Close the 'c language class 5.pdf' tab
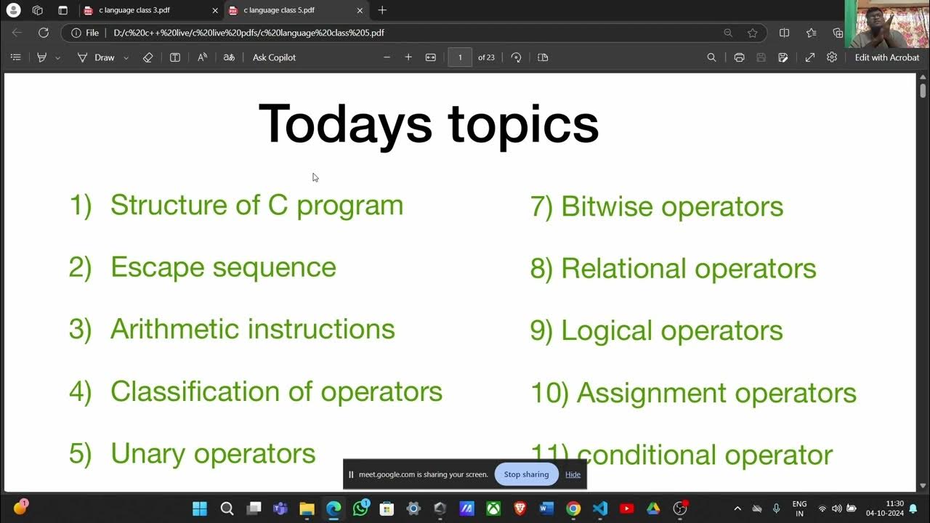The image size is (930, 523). [360, 10]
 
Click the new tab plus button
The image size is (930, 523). [382, 10]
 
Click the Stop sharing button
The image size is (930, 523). [526, 474]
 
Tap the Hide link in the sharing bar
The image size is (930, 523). [573, 474]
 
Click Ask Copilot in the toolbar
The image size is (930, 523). [274, 57]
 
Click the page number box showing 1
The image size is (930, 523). [460, 57]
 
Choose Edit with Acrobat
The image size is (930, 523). [886, 57]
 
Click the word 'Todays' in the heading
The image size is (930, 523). [345, 123]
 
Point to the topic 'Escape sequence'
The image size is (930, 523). [223, 267]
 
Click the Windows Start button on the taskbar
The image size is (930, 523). [200, 508]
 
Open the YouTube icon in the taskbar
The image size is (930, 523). [626, 508]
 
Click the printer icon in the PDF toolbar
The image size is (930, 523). [739, 57]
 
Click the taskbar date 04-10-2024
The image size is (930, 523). [884, 513]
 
